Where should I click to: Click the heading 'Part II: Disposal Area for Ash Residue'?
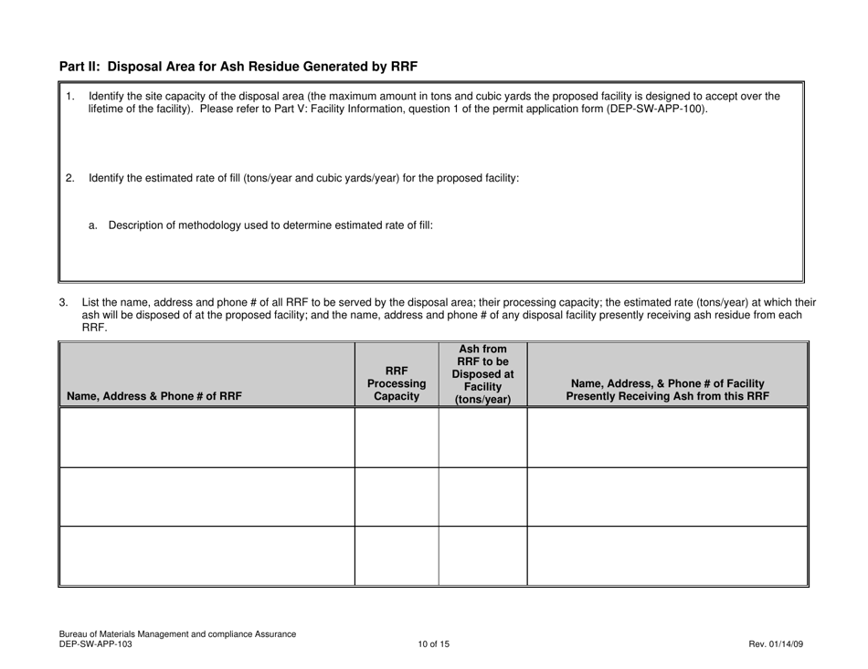pos(238,66)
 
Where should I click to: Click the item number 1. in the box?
pos(70,95)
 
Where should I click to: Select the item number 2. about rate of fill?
pos(70,178)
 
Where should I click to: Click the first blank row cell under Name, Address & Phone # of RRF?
pos(207,437)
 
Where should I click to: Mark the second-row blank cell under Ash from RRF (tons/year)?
pos(482,497)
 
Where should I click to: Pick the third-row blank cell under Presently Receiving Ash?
pos(668,556)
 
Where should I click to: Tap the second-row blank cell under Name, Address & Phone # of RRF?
pos(207,497)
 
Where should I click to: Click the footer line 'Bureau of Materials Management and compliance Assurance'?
pos(177,634)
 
